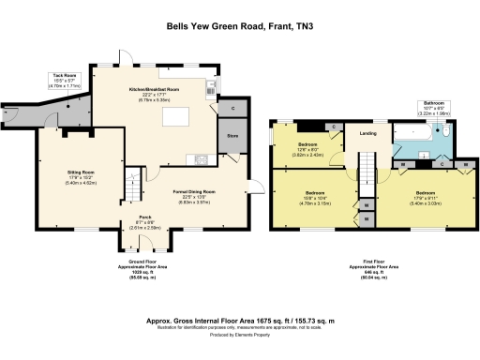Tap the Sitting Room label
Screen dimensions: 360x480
coord(81,174)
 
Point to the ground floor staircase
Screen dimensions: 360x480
coord(138,178)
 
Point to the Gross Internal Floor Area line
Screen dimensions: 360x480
coord(239,320)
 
